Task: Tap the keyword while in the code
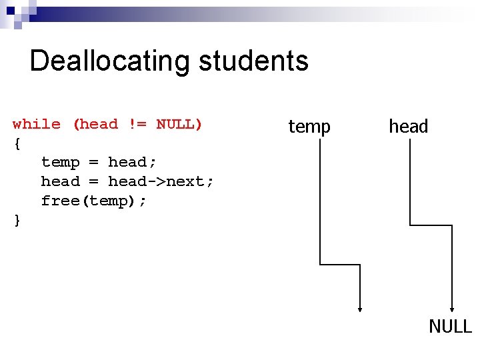pyautogui.click(x=37, y=124)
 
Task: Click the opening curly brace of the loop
pyautogui.click(x=17, y=143)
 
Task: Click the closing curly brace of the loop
pyautogui.click(x=17, y=220)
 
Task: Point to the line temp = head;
pyautogui.click(x=98, y=162)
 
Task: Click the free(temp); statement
pyautogui.click(x=93, y=201)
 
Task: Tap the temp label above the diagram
pyautogui.click(x=309, y=126)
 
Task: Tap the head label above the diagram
pyautogui.click(x=408, y=126)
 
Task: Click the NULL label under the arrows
pyautogui.click(x=450, y=326)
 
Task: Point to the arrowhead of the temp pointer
pyautogui.click(x=360, y=308)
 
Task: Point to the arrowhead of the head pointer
pyautogui.click(x=453, y=308)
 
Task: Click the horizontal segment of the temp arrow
pyautogui.click(x=340, y=265)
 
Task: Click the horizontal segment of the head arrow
pyautogui.click(x=431, y=225)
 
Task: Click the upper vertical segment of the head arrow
pyautogui.click(x=409, y=183)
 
